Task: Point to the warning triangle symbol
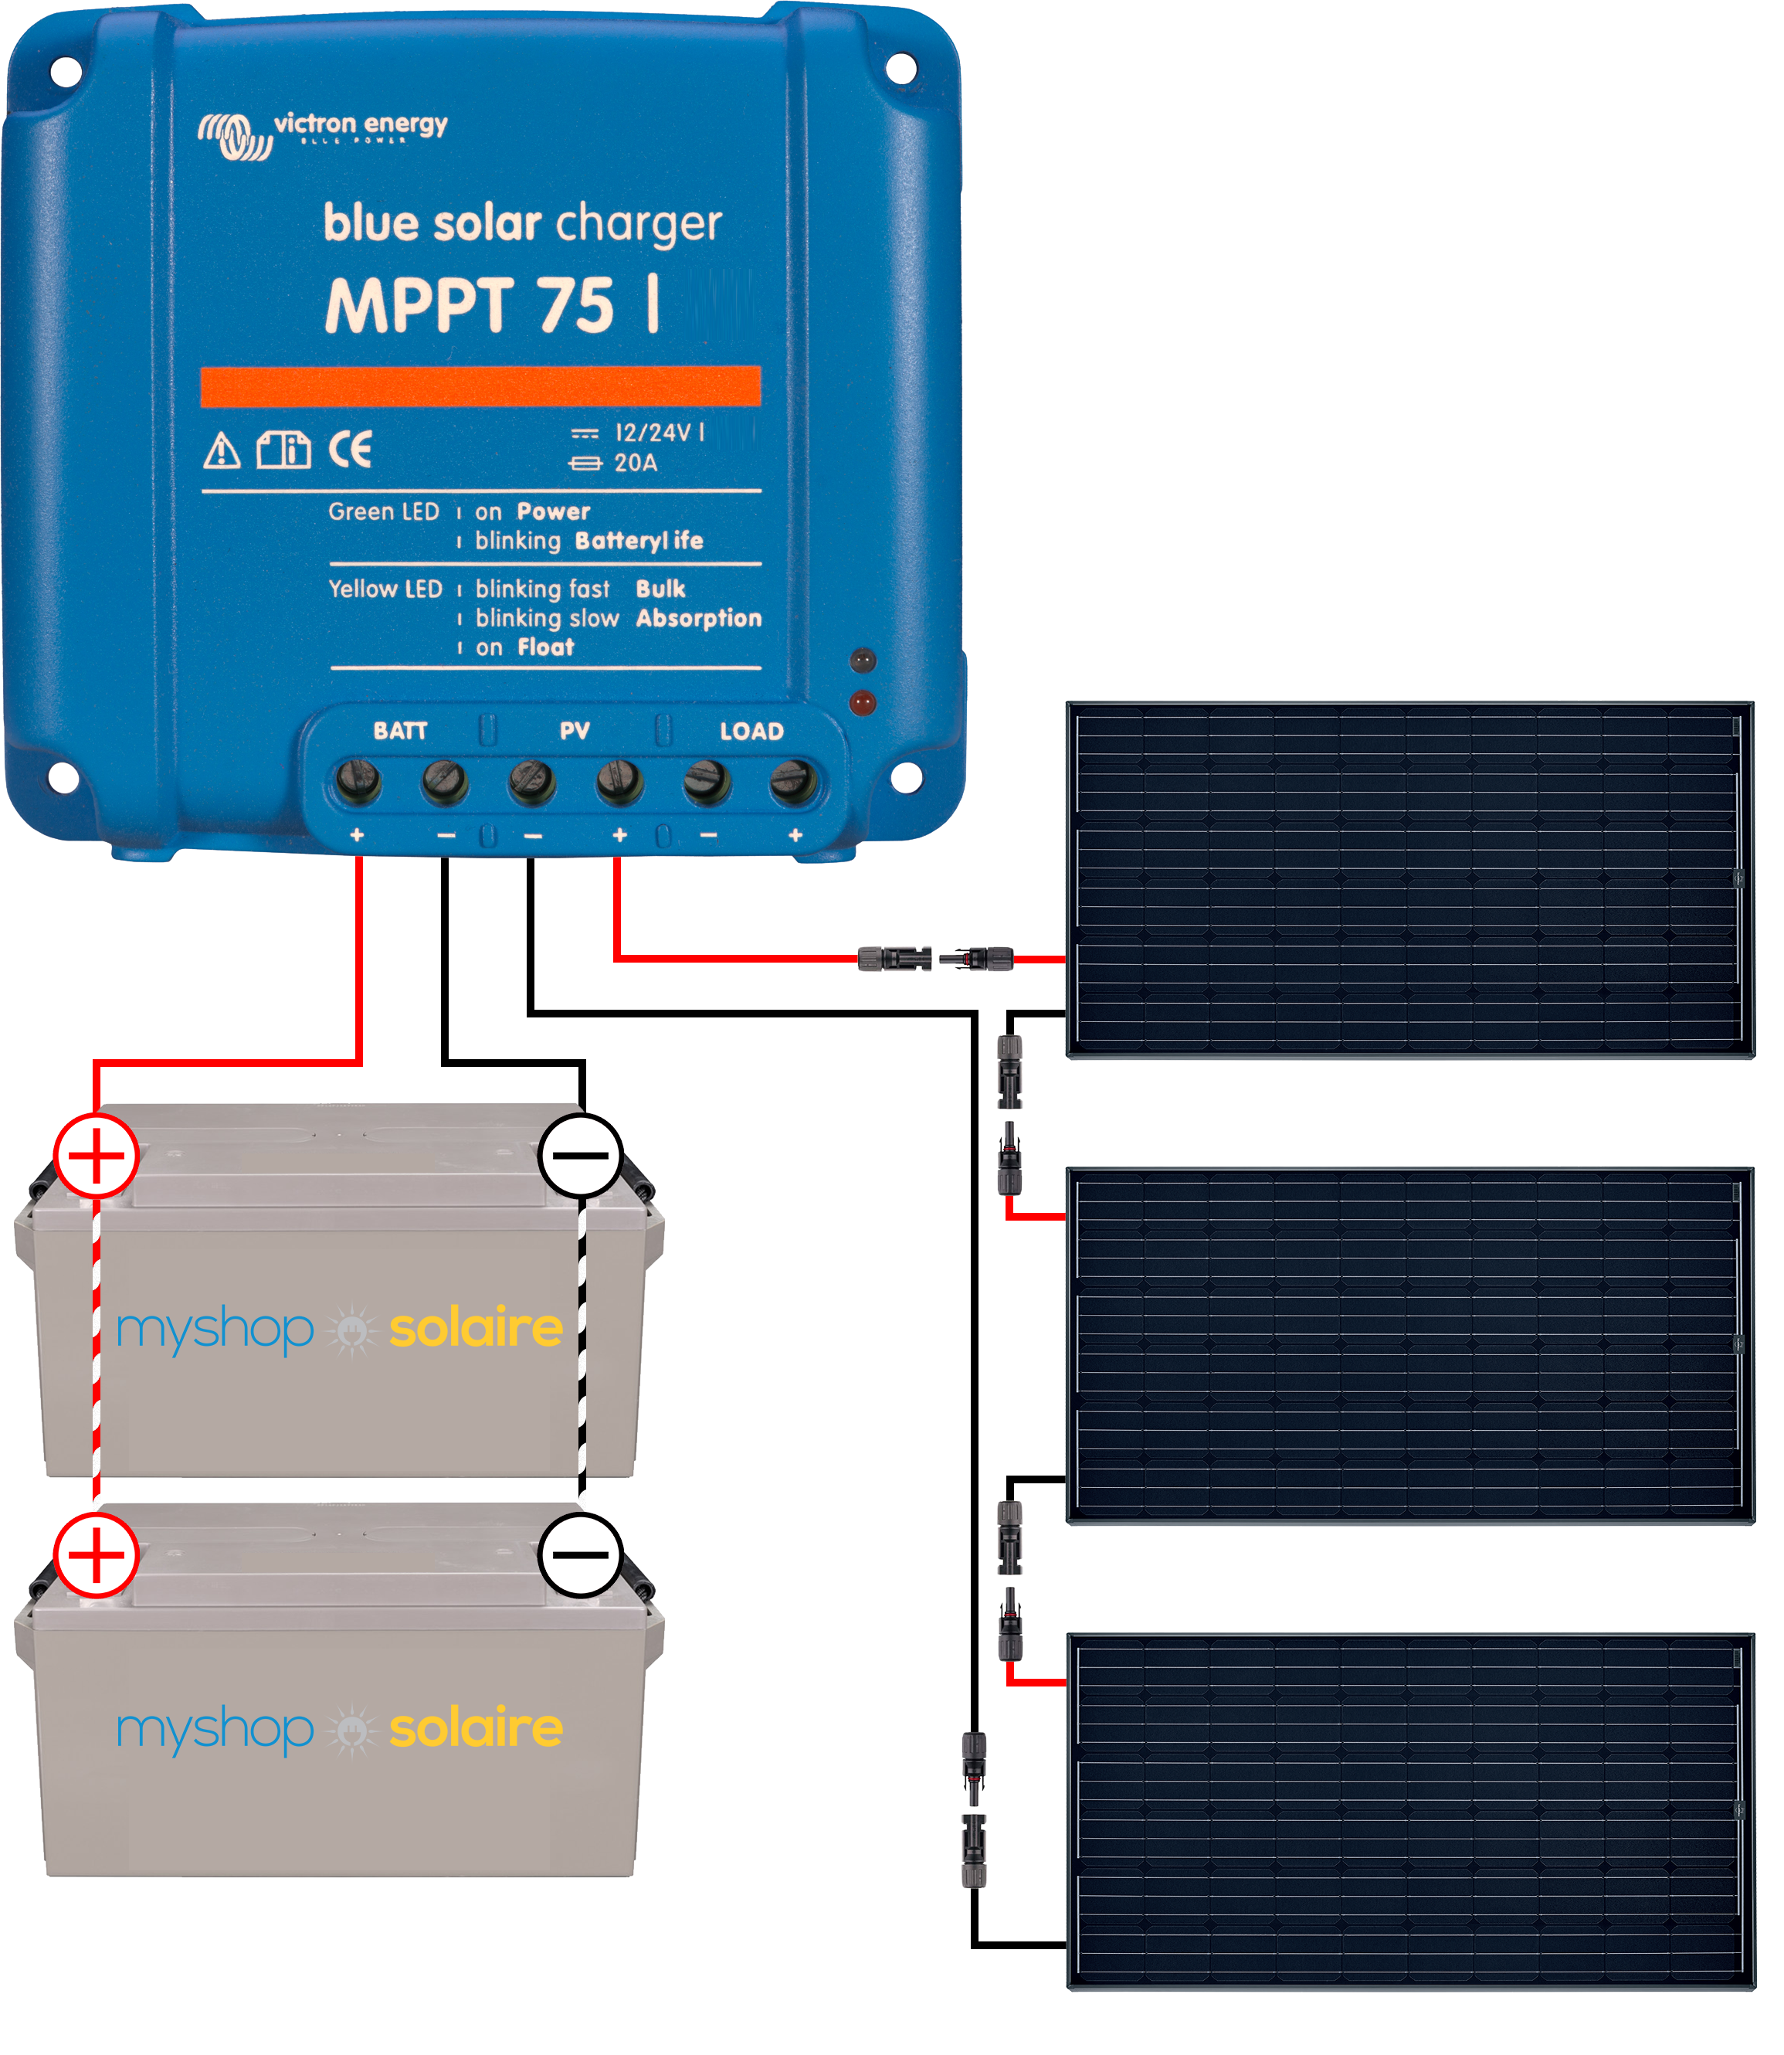pos(221,451)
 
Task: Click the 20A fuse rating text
pos(635,463)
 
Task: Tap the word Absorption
pos(699,618)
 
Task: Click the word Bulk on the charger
pos(661,589)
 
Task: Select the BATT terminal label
pos(400,731)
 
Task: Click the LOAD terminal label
pos(751,732)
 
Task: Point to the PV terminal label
pos(575,732)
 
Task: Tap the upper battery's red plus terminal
pos(96,1156)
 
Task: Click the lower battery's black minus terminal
pos(581,1555)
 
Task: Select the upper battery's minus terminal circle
pos(581,1155)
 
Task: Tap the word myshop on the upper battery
pos(215,1330)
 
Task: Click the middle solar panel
pos(1408,1344)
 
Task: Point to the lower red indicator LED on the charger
pos(862,703)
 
